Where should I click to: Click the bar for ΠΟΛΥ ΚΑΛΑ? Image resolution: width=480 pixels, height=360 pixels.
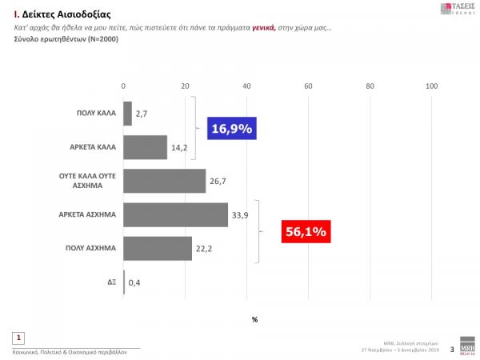pos(128,114)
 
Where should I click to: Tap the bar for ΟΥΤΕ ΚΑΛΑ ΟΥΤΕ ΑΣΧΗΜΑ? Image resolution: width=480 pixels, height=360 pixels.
pos(165,181)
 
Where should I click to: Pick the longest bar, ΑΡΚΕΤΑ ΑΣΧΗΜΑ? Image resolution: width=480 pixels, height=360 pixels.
pos(176,214)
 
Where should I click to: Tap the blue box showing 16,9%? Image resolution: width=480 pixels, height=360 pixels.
pos(231,128)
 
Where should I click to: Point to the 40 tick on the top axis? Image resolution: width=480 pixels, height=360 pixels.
pos(246,86)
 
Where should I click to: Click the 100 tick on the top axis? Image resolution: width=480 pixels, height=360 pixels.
pos(432,86)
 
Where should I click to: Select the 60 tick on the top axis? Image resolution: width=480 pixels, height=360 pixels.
pos(308,86)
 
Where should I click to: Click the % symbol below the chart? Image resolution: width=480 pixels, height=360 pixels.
pos(254,319)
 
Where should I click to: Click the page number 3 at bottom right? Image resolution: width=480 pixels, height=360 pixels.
pos(452,350)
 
